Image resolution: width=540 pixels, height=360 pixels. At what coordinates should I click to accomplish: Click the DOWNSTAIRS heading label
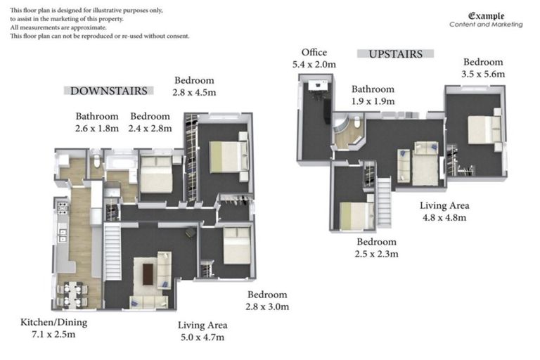109,91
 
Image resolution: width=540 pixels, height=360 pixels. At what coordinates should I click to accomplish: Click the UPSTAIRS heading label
394,53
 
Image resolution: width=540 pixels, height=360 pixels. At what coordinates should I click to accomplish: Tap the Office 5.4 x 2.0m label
314,58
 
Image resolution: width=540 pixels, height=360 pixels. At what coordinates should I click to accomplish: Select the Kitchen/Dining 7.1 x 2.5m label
48,328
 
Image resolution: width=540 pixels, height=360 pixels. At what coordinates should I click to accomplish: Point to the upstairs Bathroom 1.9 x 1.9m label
373,95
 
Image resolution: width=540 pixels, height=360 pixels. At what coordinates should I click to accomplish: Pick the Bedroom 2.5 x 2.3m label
377,247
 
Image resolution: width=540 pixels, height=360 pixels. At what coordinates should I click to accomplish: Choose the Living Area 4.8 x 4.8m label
444,212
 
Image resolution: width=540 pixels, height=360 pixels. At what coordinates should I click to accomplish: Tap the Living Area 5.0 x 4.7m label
201,331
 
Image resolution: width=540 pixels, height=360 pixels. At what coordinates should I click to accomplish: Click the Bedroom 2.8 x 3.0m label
267,300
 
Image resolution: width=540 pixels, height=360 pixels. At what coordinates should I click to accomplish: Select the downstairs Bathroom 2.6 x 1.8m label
98,122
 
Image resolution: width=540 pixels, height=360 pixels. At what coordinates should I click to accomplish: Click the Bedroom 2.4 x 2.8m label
150,122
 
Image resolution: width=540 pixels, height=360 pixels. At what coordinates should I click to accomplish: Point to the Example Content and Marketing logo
486,20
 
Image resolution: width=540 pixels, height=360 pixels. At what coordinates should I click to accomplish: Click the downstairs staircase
112,250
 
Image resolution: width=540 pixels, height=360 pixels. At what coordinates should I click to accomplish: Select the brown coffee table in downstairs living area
148,274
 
